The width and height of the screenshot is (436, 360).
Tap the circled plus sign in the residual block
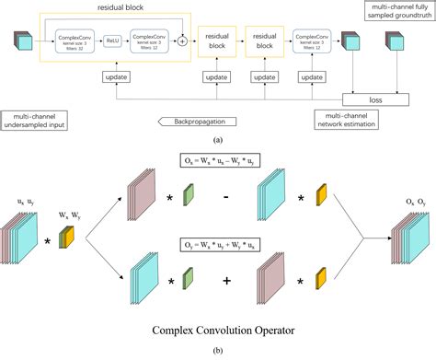click(182, 41)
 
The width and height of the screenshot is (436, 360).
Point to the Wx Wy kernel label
click(68, 217)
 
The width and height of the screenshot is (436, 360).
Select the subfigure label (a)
click(217, 138)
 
